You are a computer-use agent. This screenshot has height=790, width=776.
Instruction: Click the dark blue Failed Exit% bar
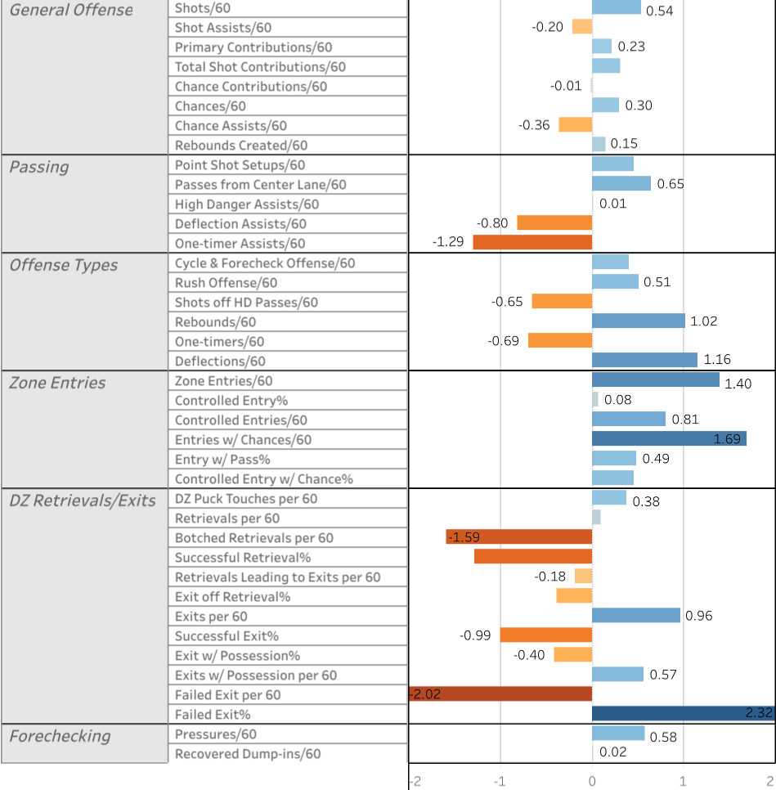684,713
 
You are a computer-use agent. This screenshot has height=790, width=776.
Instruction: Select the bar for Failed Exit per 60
500,693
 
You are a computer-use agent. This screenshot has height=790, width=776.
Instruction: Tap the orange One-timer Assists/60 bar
532,242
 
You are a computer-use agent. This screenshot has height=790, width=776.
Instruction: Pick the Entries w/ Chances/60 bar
669,438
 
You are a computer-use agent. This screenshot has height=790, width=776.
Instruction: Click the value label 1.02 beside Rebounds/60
703,321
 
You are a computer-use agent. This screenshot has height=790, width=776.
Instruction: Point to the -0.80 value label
492,223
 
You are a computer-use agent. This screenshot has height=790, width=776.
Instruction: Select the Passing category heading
39,168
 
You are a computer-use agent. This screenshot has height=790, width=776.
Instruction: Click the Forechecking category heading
60,736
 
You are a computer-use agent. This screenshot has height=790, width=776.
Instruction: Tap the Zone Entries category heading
57,383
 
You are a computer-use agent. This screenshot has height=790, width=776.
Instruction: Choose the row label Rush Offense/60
226,283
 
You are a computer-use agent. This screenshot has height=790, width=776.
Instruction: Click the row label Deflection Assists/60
240,224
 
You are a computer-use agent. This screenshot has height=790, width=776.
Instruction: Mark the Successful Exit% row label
227,635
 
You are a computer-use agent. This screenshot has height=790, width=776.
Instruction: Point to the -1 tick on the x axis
500,782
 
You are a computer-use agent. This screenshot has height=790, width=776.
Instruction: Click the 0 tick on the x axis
592,782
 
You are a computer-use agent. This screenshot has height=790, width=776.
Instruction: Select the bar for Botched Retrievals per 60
519,536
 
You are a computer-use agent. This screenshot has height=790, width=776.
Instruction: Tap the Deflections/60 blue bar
644,360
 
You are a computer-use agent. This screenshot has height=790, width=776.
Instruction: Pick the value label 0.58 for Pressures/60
663,737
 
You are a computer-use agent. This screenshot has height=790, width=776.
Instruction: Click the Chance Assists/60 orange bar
576,124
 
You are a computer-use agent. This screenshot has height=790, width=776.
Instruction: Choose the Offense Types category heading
64,265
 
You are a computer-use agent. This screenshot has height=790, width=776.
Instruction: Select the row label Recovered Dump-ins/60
248,754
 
